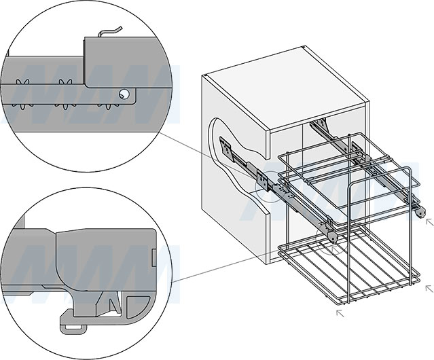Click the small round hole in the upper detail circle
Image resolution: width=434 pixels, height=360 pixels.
(124, 95)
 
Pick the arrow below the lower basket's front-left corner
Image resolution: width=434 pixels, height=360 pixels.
(340, 313)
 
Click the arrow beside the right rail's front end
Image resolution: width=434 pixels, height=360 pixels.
(427, 220)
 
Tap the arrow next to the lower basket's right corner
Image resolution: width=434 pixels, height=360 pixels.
(428, 288)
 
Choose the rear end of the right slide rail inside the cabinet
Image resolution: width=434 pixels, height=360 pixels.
(317, 125)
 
